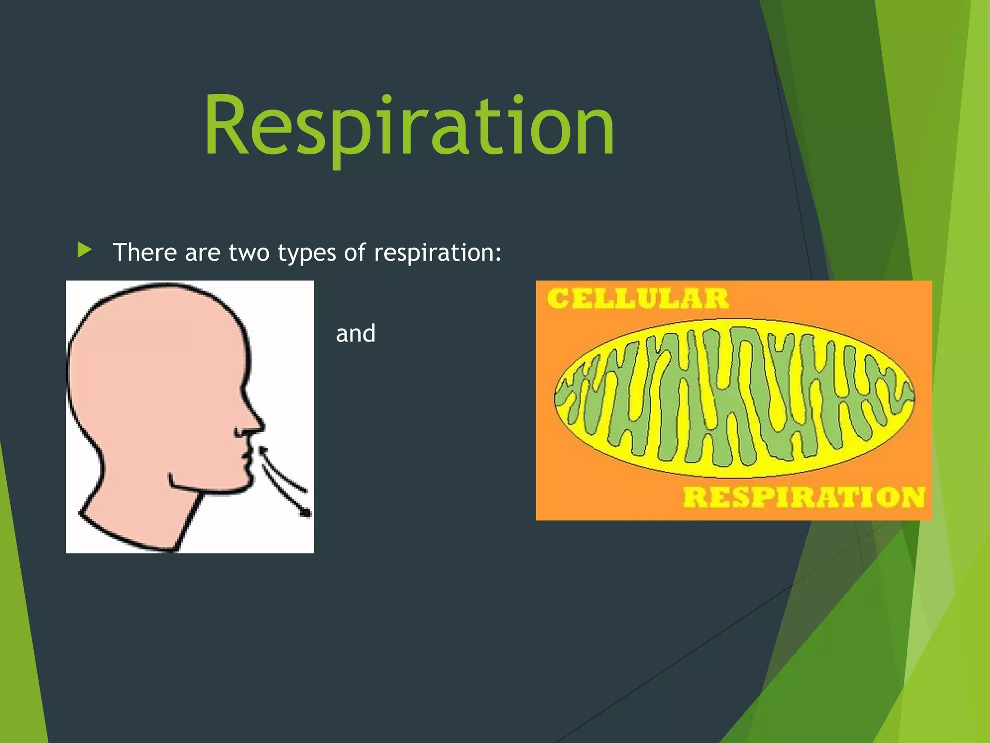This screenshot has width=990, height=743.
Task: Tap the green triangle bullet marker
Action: click(84, 251)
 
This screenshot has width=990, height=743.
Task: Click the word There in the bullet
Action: click(145, 253)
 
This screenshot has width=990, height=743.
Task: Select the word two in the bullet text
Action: click(248, 253)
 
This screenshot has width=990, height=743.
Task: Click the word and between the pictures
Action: click(355, 334)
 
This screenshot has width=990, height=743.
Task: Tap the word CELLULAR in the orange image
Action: click(637, 298)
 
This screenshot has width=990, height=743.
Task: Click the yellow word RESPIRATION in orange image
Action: click(803, 497)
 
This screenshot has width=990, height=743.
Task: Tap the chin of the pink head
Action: click(242, 484)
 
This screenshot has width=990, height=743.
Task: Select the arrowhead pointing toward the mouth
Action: click(263, 451)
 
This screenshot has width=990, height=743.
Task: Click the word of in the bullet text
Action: click(355, 253)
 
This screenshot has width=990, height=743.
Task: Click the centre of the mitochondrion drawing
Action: click(734, 398)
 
